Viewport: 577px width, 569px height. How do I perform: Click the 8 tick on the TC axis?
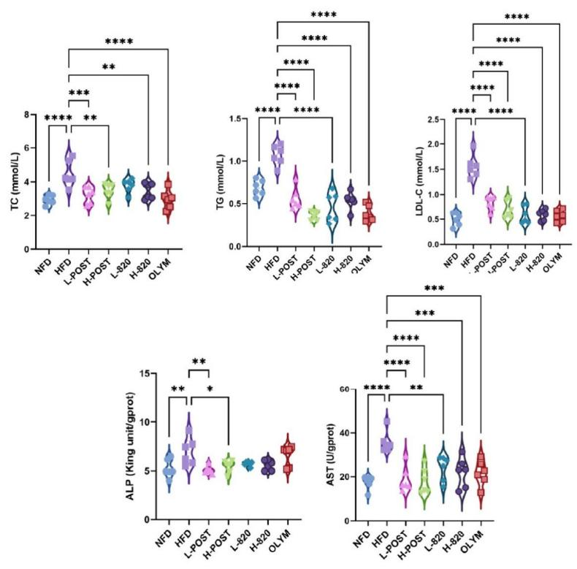pos(28,115)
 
